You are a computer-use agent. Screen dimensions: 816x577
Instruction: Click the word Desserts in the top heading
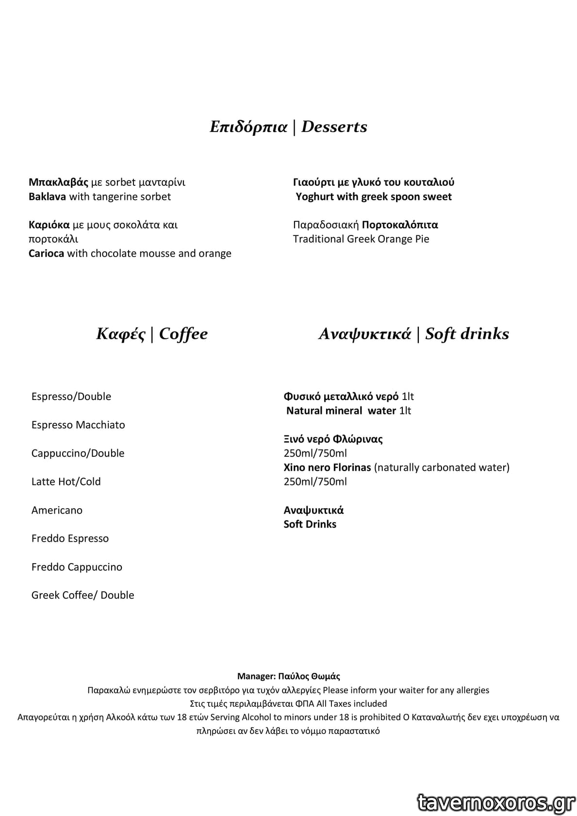click(334, 127)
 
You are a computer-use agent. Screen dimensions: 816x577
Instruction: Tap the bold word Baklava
click(47, 197)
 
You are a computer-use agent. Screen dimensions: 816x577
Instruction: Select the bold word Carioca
click(46, 253)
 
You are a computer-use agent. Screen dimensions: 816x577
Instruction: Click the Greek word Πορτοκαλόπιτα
click(400, 225)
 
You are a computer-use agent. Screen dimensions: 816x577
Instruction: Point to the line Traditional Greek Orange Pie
click(361, 239)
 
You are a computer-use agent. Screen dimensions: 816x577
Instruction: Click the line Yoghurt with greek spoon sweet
click(374, 197)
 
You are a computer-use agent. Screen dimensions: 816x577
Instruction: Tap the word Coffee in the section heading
click(183, 334)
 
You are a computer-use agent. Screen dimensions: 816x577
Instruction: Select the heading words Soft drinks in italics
click(467, 334)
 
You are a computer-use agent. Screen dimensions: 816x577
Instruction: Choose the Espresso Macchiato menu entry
click(78, 425)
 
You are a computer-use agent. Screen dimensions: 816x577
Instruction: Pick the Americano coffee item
click(57, 510)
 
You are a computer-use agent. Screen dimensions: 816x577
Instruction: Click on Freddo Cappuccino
click(77, 567)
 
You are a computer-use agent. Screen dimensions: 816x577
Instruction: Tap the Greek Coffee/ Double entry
click(82, 595)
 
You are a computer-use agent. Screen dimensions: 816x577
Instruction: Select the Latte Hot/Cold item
click(66, 482)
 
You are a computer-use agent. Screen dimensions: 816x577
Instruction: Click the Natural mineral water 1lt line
click(348, 411)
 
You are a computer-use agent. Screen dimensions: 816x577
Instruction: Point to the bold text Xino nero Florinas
click(327, 467)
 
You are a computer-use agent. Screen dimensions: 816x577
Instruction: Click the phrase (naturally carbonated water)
click(442, 467)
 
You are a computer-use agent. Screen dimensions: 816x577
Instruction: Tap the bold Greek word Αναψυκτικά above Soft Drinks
click(313, 510)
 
